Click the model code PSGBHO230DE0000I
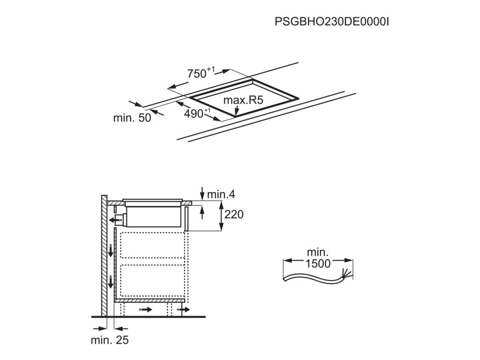[x=332, y=22]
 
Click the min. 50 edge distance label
[x=132, y=118]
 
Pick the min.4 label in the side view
[x=221, y=194]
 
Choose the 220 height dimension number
[x=234, y=215]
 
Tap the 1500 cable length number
[x=318, y=263]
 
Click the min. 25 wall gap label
[x=110, y=340]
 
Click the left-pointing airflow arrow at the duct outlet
[x=113, y=218]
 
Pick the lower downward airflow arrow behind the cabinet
[x=111, y=282]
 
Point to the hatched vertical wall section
[x=104, y=255]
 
